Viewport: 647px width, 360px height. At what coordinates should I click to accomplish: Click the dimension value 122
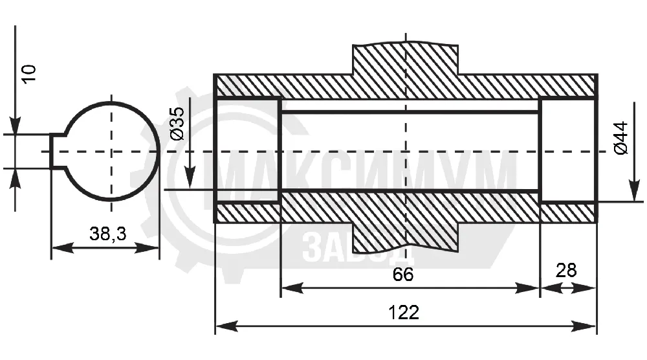pyautogui.click(x=404, y=313)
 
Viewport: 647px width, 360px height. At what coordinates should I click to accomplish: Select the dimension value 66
pyautogui.click(x=403, y=275)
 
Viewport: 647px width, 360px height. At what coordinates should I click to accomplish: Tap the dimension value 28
pyautogui.click(x=566, y=271)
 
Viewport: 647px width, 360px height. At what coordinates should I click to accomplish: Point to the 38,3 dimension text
pyautogui.click(x=108, y=234)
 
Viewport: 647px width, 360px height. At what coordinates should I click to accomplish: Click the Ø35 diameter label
pyautogui.click(x=177, y=124)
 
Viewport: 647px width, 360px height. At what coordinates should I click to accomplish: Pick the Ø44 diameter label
pyautogui.click(x=620, y=138)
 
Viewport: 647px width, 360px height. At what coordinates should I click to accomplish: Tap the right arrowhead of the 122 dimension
pyautogui.click(x=585, y=326)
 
